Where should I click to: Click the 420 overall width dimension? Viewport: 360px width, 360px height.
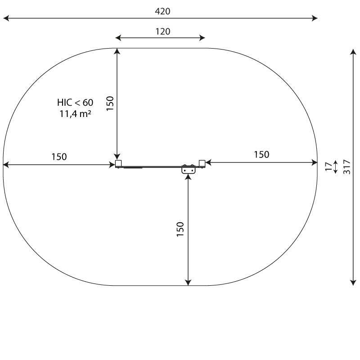[x=162, y=11]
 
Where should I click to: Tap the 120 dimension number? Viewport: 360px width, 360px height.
[x=163, y=31]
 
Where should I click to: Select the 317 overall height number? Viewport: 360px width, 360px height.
[x=346, y=166]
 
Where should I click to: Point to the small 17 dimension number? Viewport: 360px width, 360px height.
[x=329, y=166]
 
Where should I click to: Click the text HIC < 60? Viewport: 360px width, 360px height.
[x=75, y=103]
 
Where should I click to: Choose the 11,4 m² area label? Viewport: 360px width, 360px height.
[x=75, y=114]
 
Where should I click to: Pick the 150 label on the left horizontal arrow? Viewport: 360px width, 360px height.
[x=59, y=157]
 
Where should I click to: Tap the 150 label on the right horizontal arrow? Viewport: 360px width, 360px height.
[x=261, y=154]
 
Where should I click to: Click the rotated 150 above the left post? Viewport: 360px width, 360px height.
[x=110, y=103]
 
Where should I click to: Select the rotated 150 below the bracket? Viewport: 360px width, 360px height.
[x=180, y=229]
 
